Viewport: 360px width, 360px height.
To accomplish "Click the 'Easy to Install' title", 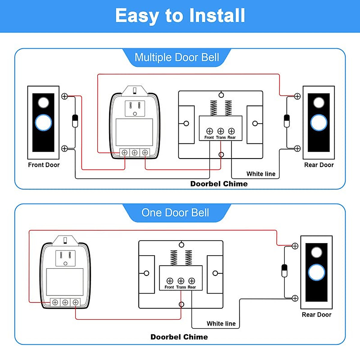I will click(180, 16).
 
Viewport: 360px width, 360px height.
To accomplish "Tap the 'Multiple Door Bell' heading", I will click(177, 57).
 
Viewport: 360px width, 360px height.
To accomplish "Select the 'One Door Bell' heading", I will click(175, 213).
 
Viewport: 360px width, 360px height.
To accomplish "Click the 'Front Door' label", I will click(44, 165).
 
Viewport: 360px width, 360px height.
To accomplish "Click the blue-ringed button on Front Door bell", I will click(43, 123).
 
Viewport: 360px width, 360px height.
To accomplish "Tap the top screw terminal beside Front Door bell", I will click(64, 96).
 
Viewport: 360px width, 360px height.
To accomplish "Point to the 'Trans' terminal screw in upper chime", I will click(220, 131).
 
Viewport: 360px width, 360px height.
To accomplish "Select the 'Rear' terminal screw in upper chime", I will click(231, 131).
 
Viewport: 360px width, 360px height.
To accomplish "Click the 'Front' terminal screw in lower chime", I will click(170, 281).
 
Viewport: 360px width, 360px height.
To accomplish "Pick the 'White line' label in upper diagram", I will click(261, 174).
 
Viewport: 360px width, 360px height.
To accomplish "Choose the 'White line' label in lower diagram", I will click(221, 324).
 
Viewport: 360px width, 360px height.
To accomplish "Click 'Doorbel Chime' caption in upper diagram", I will click(219, 184).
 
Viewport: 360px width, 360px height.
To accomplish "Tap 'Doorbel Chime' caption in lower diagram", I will click(179, 337).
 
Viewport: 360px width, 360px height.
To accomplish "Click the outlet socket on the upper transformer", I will click(135, 108).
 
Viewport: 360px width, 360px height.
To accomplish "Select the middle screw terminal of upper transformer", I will click(135, 153).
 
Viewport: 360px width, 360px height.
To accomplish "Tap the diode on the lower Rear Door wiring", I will click(284, 271).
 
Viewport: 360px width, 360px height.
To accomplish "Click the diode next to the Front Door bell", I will click(75, 121).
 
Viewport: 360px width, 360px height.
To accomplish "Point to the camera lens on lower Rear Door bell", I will click(316, 252).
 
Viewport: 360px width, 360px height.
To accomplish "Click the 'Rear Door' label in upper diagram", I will click(319, 165).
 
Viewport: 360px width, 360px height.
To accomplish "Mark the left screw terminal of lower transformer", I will click(55, 302).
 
